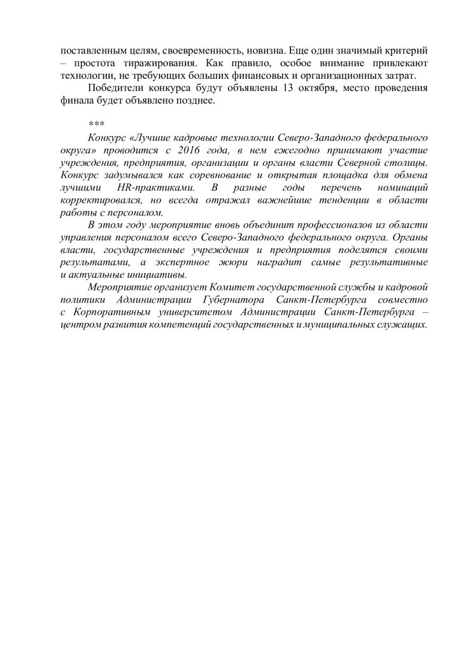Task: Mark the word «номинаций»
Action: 402,188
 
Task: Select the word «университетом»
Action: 194,313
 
